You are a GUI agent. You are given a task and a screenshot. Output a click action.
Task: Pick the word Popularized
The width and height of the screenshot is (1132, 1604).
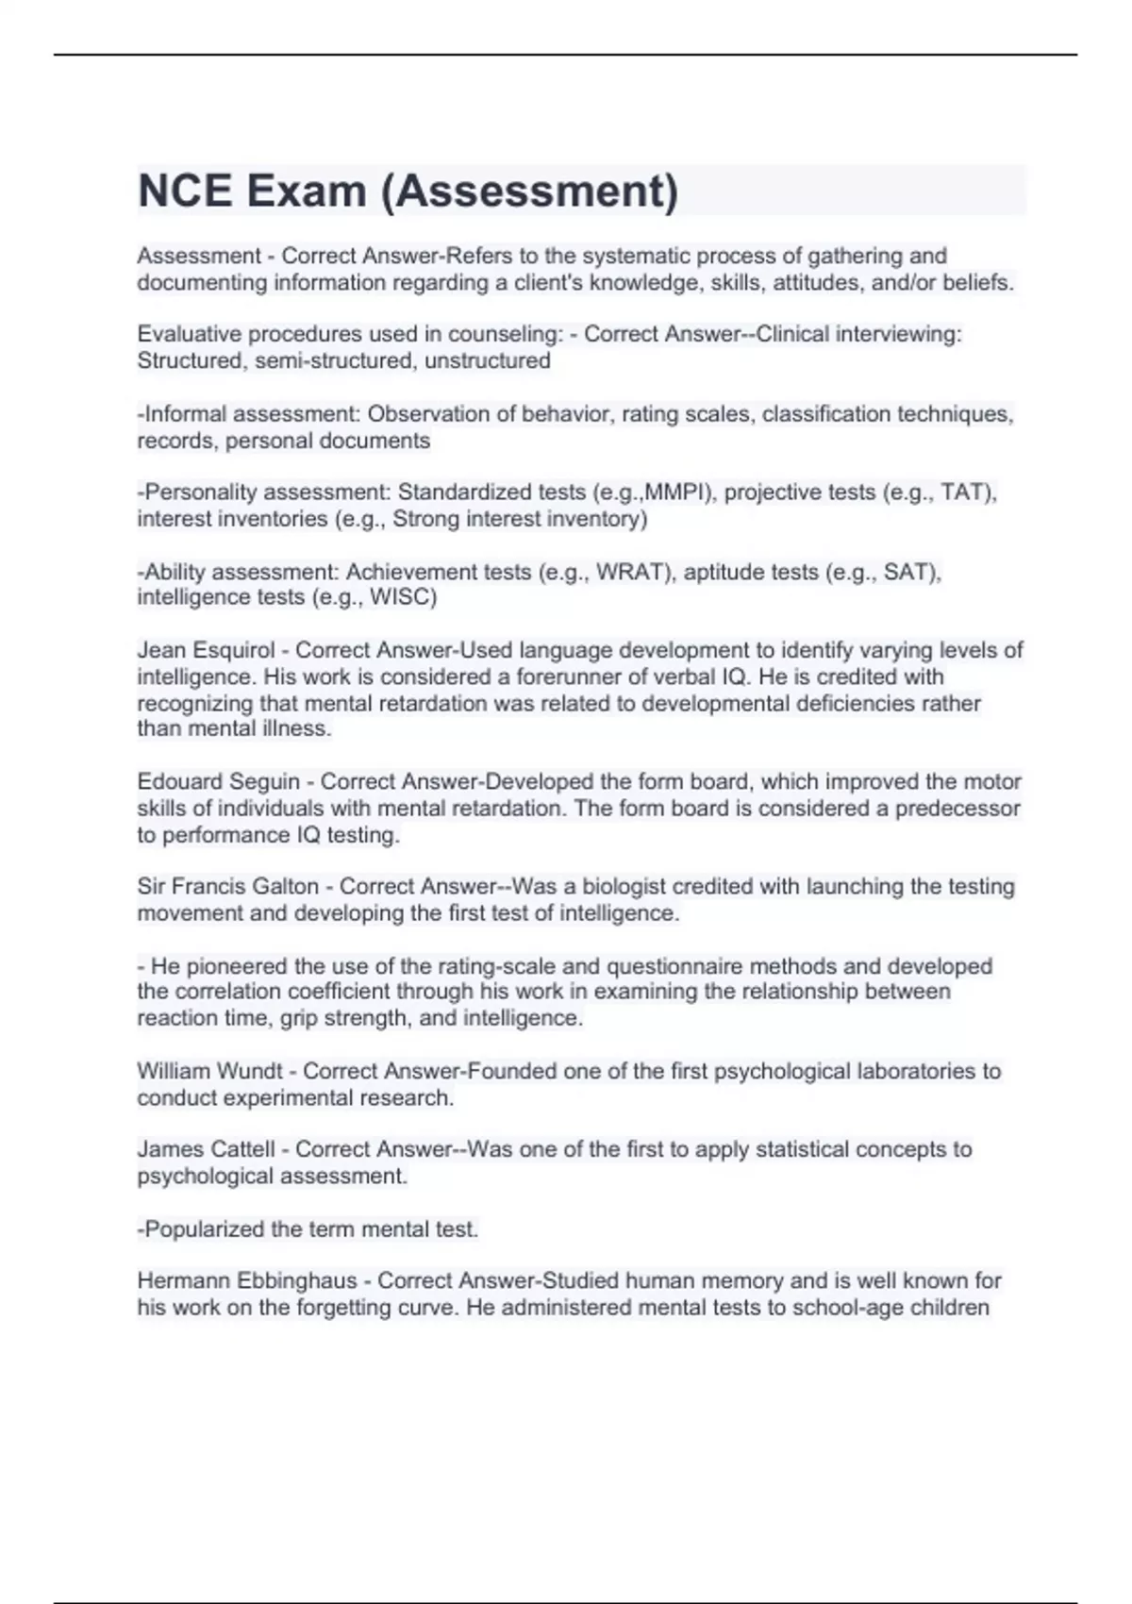click(205, 1229)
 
